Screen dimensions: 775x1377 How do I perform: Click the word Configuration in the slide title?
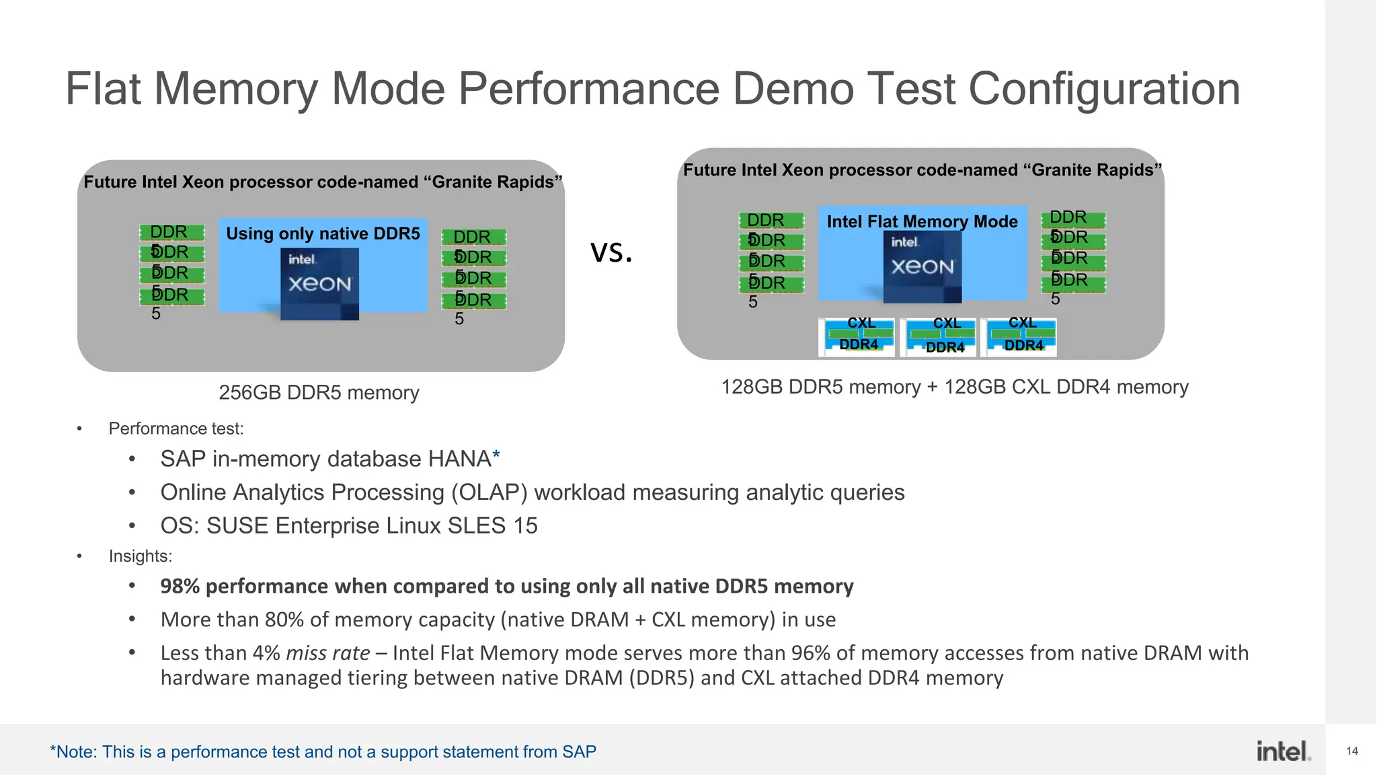(x=1104, y=89)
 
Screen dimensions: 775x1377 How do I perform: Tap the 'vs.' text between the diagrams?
(x=611, y=252)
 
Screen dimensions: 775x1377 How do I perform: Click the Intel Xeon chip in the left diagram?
(x=319, y=283)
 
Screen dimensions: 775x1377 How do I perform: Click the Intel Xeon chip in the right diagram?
(x=922, y=266)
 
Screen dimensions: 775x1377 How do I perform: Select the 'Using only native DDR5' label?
(x=323, y=233)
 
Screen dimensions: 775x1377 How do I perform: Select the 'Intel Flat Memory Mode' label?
(x=922, y=221)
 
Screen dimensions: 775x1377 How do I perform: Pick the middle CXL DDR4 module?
(x=940, y=336)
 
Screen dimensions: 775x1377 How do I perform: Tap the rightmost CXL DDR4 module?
(x=1020, y=336)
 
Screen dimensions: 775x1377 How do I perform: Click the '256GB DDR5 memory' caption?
(x=319, y=392)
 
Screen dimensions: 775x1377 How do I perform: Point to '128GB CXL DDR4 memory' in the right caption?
(x=1066, y=387)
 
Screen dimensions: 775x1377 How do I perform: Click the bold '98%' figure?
(x=180, y=586)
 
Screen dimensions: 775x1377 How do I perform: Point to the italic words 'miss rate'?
(x=327, y=653)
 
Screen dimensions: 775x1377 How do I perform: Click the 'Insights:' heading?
(x=141, y=556)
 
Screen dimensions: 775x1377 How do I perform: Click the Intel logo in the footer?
(x=1283, y=751)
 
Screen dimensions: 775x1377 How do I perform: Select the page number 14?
(x=1352, y=751)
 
